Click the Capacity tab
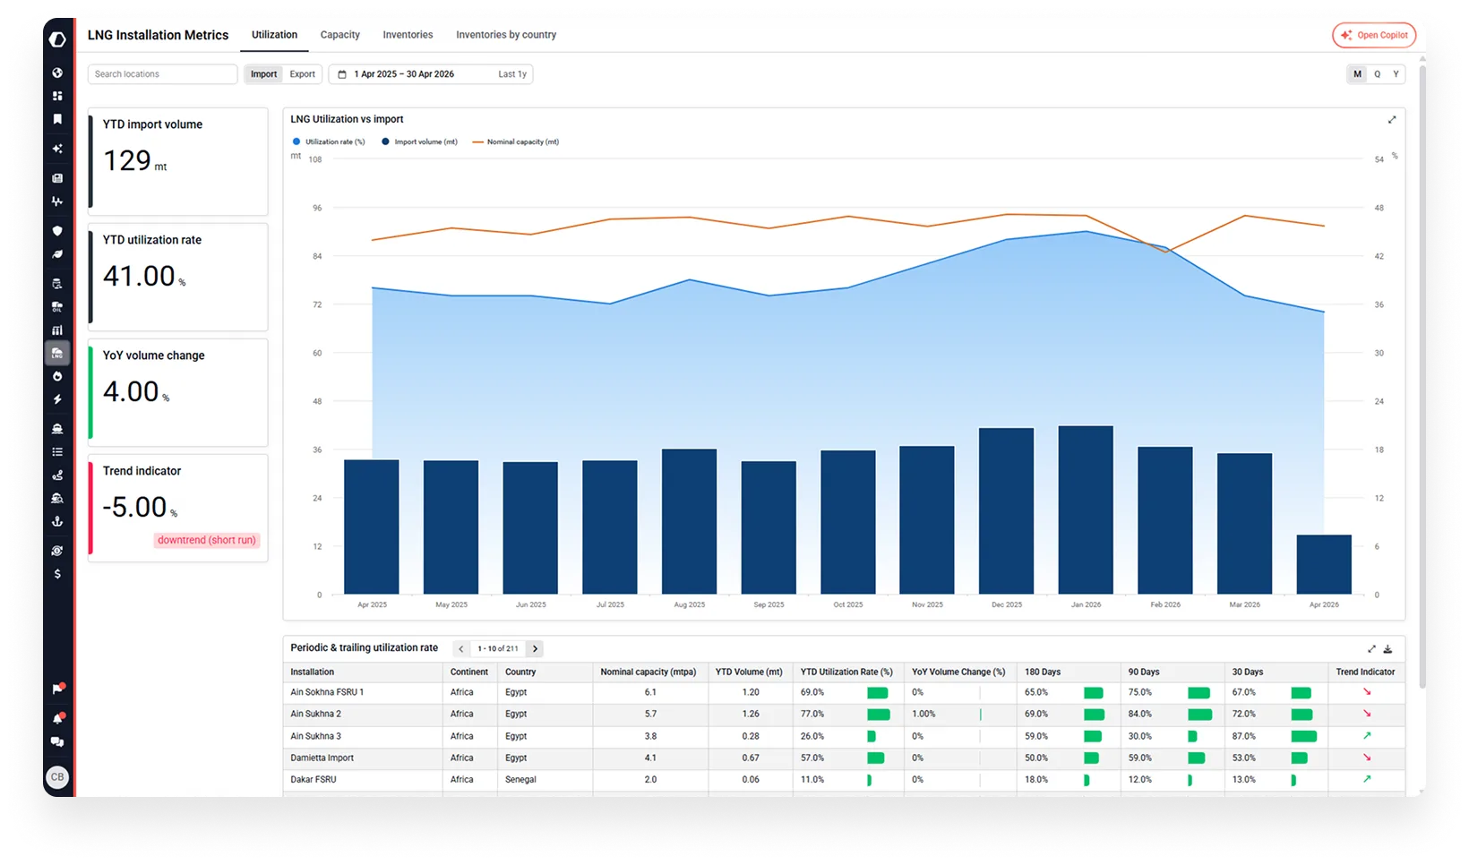point(339,35)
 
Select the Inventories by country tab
point(505,35)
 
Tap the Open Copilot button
point(1374,35)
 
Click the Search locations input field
point(162,74)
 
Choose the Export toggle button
point(302,74)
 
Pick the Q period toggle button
point(1377,74)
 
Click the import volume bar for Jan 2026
point(1086,510)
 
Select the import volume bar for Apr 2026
point(1324,564)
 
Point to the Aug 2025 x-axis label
point(690,604)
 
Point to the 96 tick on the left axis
point(317,208)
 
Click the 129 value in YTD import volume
point(127,161)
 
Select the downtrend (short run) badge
point(206,540)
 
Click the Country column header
point(520,672)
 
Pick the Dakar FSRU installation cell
point(314,780)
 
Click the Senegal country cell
point(520,780)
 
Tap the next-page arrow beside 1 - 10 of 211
point(535,648)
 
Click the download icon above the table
point(1387,649)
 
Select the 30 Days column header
point(1247,672)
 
